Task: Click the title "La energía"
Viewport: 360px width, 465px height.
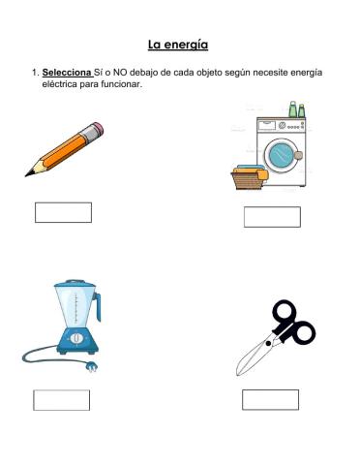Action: [x=178, y=44]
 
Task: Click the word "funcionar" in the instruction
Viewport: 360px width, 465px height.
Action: [x=121, y=84]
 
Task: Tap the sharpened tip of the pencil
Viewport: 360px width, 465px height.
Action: [x=29, y=174]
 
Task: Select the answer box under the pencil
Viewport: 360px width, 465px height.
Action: [x=63, y=212]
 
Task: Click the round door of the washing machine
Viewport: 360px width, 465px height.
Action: [x=282, y=153]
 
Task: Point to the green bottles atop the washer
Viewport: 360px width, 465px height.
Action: [x=295, y=109]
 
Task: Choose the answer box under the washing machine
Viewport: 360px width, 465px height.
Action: [x=272, y=216]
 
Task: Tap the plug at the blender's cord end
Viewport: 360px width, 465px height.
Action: [x=94, y=368]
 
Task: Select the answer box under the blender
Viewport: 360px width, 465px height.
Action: [x=62, y=399]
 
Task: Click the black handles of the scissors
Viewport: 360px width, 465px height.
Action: [x=292, y=324]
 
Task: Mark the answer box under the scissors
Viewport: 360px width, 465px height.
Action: [x=270, y=399]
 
